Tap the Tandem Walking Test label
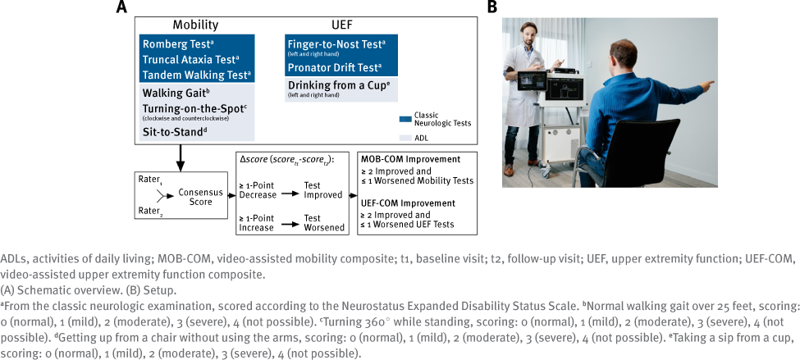(x=196, y=75)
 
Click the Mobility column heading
(x=194, y=25)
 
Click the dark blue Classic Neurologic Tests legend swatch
(x=404, y=118)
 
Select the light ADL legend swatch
(x=404, y=139)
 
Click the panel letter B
(x=492, y=7)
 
